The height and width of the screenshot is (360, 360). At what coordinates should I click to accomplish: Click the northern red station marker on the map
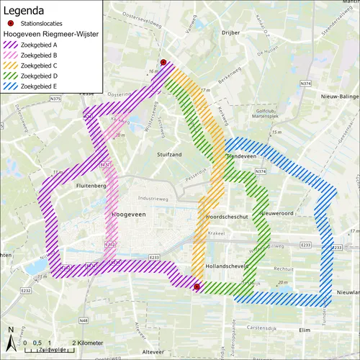[x=163, y=63]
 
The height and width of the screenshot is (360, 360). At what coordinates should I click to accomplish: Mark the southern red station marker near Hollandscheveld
[x=197, y=287]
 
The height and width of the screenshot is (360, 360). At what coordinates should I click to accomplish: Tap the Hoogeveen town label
[x=130, y=215]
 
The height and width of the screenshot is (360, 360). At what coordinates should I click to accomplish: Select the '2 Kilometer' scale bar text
[x=87, y=342]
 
